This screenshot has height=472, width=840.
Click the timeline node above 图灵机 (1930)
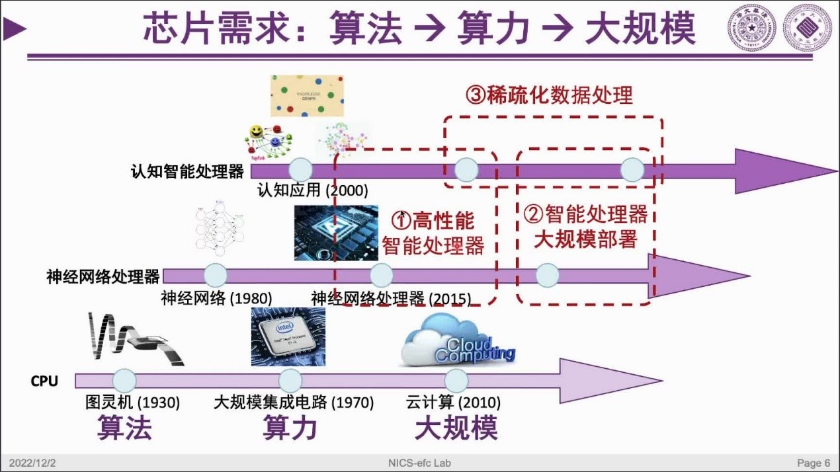[124, 381]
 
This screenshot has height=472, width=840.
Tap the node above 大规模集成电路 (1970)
[290, 381]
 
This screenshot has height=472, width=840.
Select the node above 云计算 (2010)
[456, 381]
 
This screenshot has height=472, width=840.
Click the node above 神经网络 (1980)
[216, 275]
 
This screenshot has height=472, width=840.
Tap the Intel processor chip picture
[288, 336]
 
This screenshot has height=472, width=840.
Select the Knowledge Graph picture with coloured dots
[307, 96]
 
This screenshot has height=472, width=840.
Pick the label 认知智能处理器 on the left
[187, 172]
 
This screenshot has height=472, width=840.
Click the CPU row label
[44, 381]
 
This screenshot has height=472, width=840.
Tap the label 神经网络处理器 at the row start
[103, 276]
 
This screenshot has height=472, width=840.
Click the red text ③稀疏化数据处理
[550, 96]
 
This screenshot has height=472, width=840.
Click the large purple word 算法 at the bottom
[124, 428]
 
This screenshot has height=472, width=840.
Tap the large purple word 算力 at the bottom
[290, 428]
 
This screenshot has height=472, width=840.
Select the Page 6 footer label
[814, 463]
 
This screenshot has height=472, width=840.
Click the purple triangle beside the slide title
[15, 28]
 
